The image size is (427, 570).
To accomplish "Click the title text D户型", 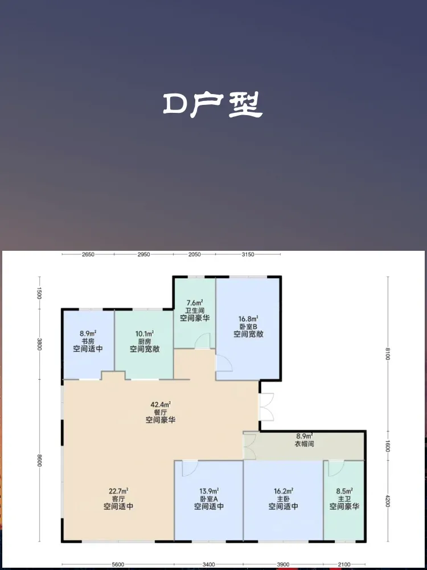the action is (x=213, y=105).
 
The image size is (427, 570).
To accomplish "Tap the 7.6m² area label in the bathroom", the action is (x=195, y=303).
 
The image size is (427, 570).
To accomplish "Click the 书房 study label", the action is (x=88, y=341).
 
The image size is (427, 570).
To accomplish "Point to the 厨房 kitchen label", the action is (x=145, y=341).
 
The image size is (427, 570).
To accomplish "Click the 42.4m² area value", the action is (x=161, y=404).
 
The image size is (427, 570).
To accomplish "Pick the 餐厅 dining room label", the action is (x=161, y=412).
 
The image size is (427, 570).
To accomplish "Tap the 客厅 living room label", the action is (x=118, y=498).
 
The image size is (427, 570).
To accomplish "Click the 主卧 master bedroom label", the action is (x=283, y=498).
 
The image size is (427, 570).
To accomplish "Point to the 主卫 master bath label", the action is (x=344, y=498).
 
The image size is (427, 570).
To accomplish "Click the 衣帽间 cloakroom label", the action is (x=304, y=444).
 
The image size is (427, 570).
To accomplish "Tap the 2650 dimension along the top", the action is (x=88, y=254).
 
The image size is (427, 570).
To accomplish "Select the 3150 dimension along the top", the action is (x=248, y=254).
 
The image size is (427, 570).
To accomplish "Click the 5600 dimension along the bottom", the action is (x=118, y=564).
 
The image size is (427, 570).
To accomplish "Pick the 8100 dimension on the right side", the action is (x=387, y=353).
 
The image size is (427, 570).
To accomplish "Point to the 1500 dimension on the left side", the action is (x=39, y=293).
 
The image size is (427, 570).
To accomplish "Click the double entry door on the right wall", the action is (x=266, y=407).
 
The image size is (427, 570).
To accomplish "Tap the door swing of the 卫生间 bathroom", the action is (x=202, y=341).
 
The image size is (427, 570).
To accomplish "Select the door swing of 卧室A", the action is (x=190, y=468).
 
